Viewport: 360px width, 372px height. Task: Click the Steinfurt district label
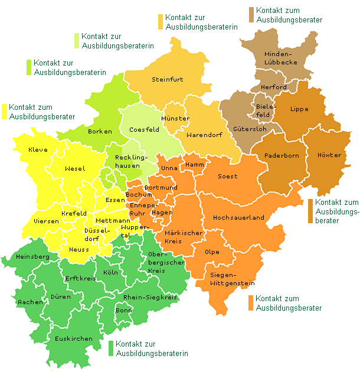[x=168, y=79]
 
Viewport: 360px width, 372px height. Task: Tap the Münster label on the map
[x=176, y=119]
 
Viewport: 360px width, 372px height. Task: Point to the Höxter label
[x=329, y=155]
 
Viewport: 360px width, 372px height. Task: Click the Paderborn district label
[x=282, y=156]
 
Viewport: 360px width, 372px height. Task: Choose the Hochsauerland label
[x=238, y=217]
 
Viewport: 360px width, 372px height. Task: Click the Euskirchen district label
[x=73, y=338]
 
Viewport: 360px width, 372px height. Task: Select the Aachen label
[x=30, y=302]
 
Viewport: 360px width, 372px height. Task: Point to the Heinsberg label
[x=32, y=257]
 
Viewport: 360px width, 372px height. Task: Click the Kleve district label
[x=38, y=150]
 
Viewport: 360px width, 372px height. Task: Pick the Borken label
[x=99, y=131]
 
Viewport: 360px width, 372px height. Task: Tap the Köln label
[x=110, y=273]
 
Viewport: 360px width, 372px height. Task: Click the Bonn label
[x=124, y=310]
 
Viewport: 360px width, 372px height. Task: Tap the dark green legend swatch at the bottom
[x=111, y=348]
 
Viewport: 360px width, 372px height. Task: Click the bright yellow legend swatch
[x=5, y=111]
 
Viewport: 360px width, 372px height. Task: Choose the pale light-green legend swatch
[x=77, y=40]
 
